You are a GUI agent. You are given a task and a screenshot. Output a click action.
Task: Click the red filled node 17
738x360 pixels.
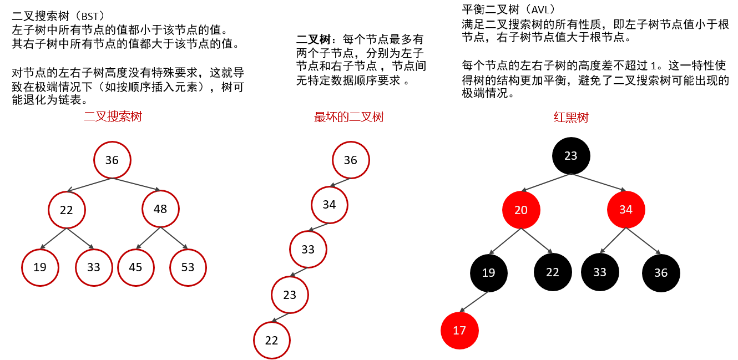tap(459, 331)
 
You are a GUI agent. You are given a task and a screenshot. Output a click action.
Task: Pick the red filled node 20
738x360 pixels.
tap(521, 210)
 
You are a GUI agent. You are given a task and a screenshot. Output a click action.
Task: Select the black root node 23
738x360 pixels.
tap(571, 156)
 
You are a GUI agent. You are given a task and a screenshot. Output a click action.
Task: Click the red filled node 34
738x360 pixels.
tap(626, 210)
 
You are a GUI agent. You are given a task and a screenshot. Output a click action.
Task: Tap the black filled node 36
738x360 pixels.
tap(661, 273)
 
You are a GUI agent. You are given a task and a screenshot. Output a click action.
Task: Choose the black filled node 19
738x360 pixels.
tap(489, 273)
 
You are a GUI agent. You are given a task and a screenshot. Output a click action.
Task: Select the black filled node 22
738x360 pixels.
tap(553, 272)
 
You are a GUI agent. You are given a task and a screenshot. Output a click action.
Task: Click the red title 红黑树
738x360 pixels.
tap(571, 117)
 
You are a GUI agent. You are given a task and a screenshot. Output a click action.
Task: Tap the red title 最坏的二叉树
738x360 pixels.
tap(349, 117)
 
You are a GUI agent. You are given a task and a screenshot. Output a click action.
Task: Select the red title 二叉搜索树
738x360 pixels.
tap(113, 116)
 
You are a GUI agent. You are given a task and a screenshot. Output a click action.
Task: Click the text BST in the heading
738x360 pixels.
tap(90, 17)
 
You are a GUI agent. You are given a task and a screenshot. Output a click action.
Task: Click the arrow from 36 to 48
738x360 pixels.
tap(136, 185)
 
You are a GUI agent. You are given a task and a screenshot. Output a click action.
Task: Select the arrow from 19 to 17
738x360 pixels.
tap(474, 302)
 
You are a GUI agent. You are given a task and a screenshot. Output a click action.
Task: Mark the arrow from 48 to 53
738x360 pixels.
tap(174, 238)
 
